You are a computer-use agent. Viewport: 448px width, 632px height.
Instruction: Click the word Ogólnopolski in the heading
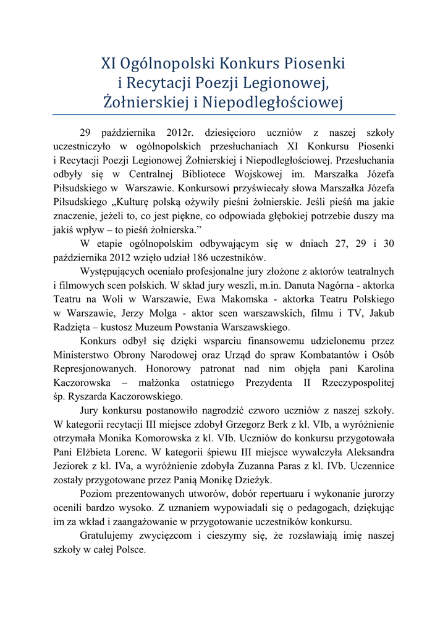166,64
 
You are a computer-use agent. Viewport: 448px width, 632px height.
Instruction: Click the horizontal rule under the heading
224,114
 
